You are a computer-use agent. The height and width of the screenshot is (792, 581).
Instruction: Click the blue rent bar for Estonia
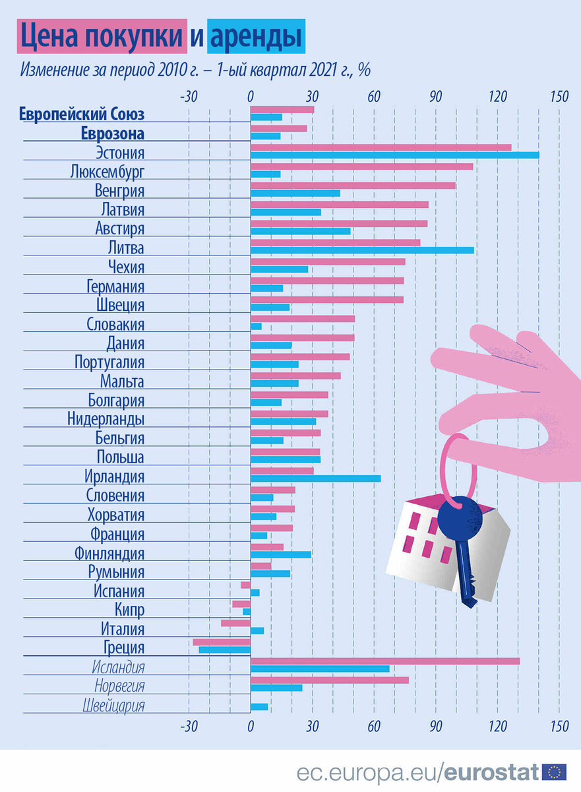click(x=394, y=155)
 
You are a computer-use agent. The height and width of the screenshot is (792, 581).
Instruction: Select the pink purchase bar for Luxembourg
click(x=361, y=166)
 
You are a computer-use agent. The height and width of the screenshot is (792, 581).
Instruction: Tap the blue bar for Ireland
click(x=315, y=478)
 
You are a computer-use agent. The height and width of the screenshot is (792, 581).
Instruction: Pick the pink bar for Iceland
click(x=384, y=661)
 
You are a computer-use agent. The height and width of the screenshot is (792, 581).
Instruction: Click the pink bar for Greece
click(x=222, y=642)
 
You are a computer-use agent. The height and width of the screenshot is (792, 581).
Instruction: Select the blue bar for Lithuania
click(x=362, y=250)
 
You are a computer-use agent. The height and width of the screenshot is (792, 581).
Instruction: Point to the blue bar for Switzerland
click(x=259, y=707)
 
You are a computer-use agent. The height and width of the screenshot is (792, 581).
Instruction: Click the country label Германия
click(x=115, y=286)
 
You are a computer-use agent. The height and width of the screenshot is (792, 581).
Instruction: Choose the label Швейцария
click(x=113, y=706)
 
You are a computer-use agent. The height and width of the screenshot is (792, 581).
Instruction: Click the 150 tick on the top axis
click(x=559, y=97)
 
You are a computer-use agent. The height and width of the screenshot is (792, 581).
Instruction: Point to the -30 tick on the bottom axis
click(x=189, y=727)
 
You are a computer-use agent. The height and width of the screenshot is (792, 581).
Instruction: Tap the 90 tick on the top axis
click(x=435, y=97)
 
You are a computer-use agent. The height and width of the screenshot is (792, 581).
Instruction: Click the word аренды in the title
click(x=256, y=37)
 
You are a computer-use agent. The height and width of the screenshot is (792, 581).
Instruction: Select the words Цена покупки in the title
click(x=101, y=37)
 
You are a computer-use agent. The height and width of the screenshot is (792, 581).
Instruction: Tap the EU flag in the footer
click(x=554, y=772)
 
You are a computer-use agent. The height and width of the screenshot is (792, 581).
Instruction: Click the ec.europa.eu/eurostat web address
click(x=417, y=772)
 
